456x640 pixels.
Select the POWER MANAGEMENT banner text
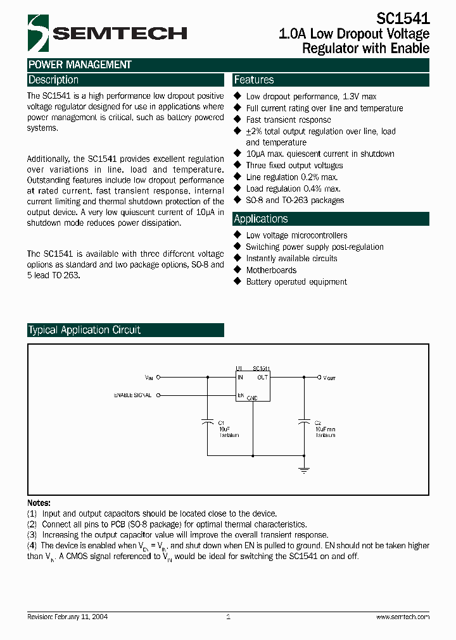(x=80, y=65)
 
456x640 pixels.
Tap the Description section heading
(x=53, y=80)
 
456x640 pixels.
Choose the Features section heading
(x=254, y=80)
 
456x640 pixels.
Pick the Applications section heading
(x=261, y=219)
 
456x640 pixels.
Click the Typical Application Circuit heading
(x=84, y=330)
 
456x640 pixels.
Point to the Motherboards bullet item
(x=271, y=270)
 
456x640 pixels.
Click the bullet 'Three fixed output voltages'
(x=294, y=165)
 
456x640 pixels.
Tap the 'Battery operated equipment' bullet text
(x=296, y=281)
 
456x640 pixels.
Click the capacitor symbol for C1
(x=208, y=422)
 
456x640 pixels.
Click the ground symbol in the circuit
(x=304, y=469)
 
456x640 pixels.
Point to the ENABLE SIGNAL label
(x=132, y=395)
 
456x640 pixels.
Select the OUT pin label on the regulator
(x=262, y=378)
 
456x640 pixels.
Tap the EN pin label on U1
(x=241, y=395)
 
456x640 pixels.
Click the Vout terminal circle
(x=319, y=377)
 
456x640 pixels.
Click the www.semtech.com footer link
(x=403, y=617)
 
